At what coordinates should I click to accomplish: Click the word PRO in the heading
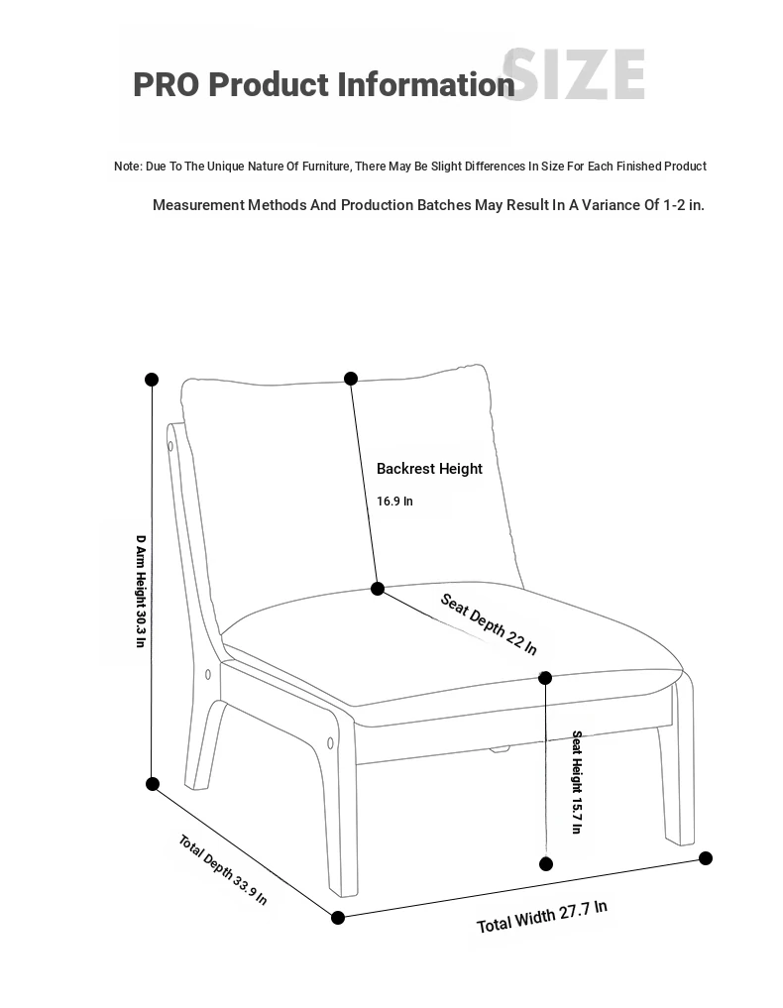tap(166, 85)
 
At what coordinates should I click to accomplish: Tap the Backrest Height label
tap(429, 469)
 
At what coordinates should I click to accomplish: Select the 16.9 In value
tap(394, 502)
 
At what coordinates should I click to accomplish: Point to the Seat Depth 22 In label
tap(489, 624)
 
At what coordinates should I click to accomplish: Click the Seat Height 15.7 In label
tap(576, 782)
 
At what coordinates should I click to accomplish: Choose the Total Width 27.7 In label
tap(541, 918)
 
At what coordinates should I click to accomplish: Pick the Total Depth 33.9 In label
tap(222, 870)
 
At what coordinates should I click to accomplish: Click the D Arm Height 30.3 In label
tap(141, 591)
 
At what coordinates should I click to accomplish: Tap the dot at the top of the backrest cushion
tap(351, 379)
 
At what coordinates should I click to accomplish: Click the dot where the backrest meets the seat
tap(378, 589)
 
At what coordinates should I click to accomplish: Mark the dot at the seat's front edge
tap(545, 678)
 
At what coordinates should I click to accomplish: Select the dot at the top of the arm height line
tap(152, 380)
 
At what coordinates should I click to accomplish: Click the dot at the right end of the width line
tap(706, 858)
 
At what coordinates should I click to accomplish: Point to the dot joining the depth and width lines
tap(338, 918)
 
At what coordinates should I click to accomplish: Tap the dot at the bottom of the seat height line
tap(545, 864)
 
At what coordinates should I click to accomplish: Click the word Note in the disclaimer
tap(127, 167)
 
